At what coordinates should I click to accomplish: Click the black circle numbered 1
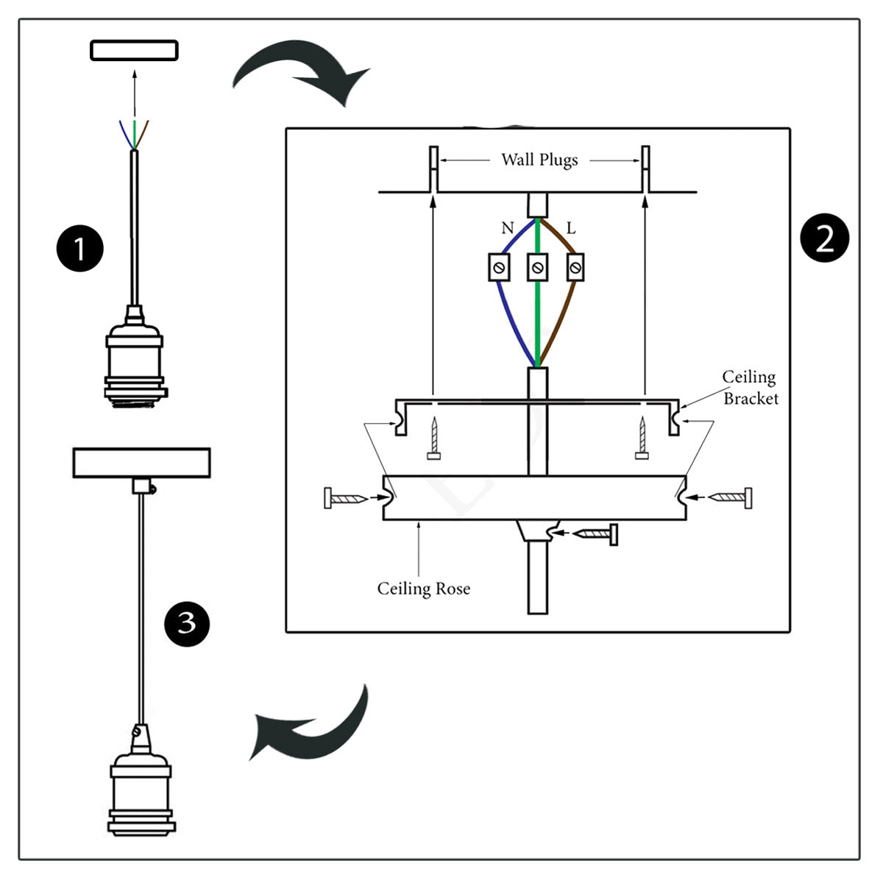coord(79,248)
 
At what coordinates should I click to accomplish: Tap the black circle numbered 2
coord(824,239)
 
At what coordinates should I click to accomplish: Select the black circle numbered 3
coord(187,624)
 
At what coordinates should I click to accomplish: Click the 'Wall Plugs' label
coord(539,160)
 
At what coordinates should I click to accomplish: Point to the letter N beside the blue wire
coord(507,228)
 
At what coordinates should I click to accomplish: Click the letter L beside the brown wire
coord(571,228)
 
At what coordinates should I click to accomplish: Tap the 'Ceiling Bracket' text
coord(750,388)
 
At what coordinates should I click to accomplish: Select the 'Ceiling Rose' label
coord(424,589)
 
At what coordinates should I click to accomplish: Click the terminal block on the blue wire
coord(500,267)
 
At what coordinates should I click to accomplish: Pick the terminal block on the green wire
coord(538,267)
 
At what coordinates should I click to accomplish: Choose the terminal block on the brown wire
coord(575,267)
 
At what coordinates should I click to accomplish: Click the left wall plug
coord(434,169)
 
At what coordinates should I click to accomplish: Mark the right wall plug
coord(645,169)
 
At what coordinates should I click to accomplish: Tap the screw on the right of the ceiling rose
coord(731,498)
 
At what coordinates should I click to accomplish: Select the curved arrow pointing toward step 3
coord(309,725)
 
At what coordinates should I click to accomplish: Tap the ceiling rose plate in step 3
coord(141,463)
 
